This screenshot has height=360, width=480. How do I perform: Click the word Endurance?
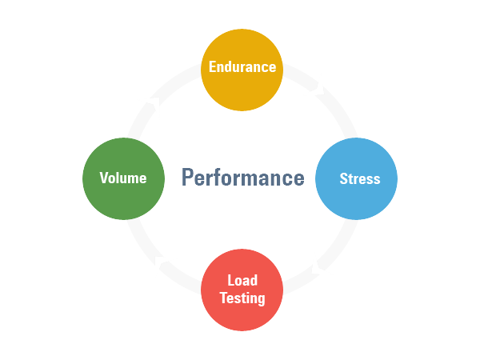point(242,67)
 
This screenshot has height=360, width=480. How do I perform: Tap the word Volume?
point(123,178)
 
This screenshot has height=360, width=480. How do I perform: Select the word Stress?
point(359,178)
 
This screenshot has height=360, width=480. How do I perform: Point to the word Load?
point(242,282)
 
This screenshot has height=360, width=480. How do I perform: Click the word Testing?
point(242,298)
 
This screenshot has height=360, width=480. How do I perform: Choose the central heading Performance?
point(242,177)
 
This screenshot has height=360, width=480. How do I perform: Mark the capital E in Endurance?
point(213,67)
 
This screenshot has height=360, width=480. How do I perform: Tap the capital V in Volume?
point(104,178)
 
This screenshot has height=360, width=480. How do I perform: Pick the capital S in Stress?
point(343,178)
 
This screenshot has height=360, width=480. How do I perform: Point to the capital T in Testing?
point(224,298)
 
